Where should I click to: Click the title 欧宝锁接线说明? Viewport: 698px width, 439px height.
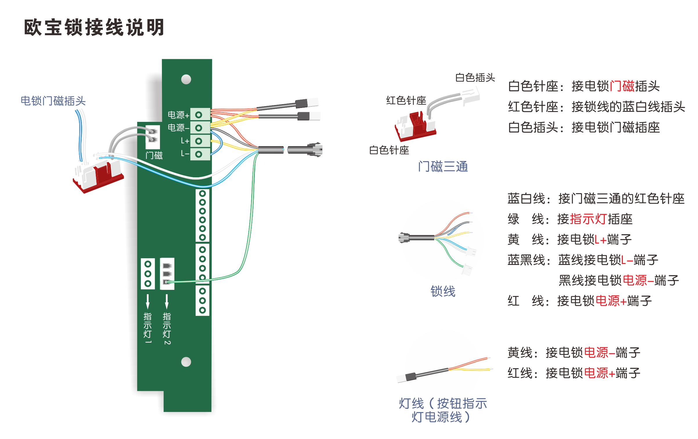[94, 28]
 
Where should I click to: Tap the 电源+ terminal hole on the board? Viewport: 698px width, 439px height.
[199, 115]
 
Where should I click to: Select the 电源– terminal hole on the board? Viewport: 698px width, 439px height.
[199, 128]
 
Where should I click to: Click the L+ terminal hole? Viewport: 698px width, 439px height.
[199, 141]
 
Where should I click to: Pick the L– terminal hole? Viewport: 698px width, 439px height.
[199, 154]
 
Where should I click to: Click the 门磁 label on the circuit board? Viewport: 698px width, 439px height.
[154, 156]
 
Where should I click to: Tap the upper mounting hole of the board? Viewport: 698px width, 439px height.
[186, 79]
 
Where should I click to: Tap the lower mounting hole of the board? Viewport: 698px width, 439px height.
[186, 362]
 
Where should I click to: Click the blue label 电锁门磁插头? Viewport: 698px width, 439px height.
[53, 101]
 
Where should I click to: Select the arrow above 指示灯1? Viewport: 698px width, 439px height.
[148, 302]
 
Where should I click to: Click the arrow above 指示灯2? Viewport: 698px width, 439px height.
[167, 302]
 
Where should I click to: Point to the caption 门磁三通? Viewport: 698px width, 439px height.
[443, 167]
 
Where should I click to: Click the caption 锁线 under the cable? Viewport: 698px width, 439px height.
[443, 291]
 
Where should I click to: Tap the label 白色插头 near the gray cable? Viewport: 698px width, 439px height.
[475, 77]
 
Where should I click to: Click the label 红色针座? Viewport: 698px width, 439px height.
[406, 100]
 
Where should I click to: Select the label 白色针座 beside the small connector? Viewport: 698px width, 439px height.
[389, 150]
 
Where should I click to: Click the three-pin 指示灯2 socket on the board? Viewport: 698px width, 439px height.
[167, 274]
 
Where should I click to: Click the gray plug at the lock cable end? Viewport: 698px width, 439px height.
[316, 150]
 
